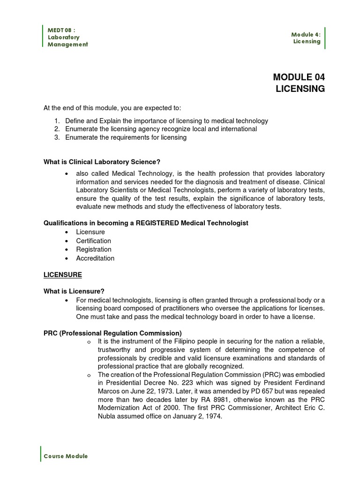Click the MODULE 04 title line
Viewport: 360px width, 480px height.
298,77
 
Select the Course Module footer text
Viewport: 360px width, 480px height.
66,456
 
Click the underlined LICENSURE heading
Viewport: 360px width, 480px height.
63,274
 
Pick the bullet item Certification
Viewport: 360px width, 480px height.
94,241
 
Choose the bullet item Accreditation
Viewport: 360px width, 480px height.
95,258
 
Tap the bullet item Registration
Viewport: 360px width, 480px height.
94,249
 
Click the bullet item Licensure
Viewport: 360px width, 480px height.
90,232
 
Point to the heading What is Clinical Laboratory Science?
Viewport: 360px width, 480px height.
102,162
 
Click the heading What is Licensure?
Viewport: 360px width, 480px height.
74,291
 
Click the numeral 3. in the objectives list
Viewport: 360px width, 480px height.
57,137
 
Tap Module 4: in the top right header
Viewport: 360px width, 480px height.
306,34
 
